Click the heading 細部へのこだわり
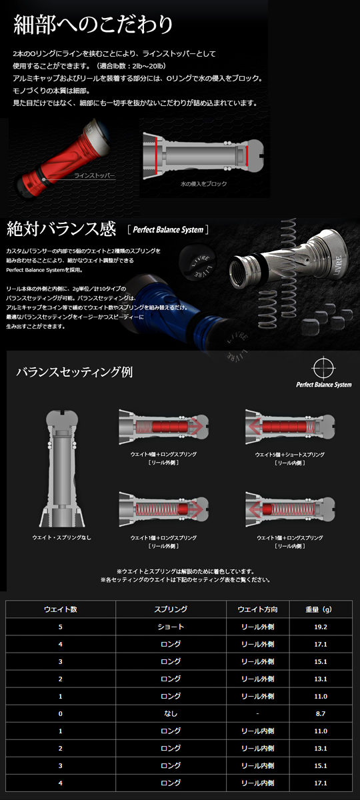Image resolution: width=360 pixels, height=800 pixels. [93, 25]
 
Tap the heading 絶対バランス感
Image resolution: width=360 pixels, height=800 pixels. [61, 229]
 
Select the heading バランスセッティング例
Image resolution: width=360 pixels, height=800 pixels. [74, 371]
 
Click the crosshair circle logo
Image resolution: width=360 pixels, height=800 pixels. [322, 369]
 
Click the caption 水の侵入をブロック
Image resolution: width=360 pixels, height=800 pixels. [204, 183]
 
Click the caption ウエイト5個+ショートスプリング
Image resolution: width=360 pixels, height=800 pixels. [289, 454]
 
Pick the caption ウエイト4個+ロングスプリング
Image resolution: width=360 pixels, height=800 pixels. [163, 454]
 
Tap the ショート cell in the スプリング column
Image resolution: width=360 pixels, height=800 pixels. [170, 627]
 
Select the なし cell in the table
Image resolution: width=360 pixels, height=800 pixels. [170, 713]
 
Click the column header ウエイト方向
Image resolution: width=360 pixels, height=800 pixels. [253, 609]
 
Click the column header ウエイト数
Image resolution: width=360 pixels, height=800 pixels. [61, 609]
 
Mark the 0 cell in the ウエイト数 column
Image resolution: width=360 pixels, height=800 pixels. [61, 713]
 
